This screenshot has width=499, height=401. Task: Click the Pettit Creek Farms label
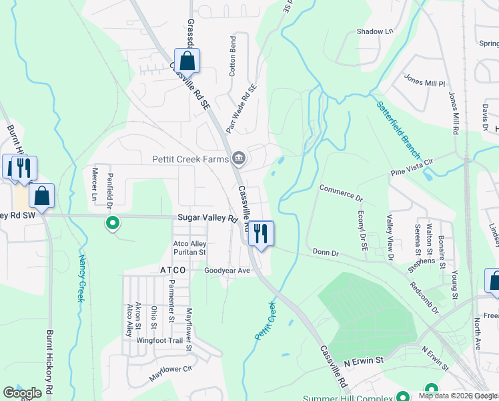[189, 158]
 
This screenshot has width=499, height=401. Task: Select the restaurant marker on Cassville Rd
[260, 234]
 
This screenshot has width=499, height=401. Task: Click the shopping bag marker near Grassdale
[187, 61]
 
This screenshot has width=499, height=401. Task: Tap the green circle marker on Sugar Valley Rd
[113, 223]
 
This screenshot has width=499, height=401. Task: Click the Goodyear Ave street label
[226, 271]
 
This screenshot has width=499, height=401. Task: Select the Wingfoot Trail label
[159, 340]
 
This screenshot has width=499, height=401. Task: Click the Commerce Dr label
[340, 193]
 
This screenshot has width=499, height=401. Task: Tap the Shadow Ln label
[374, 31]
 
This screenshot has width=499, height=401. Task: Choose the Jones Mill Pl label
[424, 80]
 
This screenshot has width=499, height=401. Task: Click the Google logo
[22, 393]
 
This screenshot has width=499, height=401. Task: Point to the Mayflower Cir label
[170, 373]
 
